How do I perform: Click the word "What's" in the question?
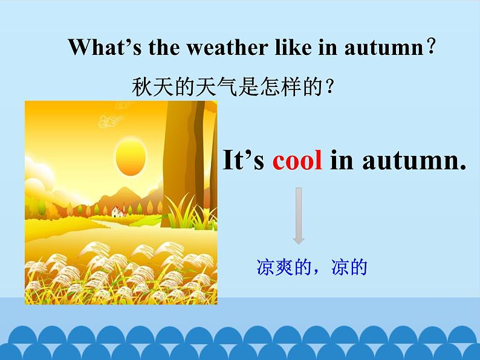[97, 47]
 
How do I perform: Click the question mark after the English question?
[431, 47]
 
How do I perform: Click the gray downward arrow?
[299, 215]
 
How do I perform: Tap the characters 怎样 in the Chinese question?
[284, 88]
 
